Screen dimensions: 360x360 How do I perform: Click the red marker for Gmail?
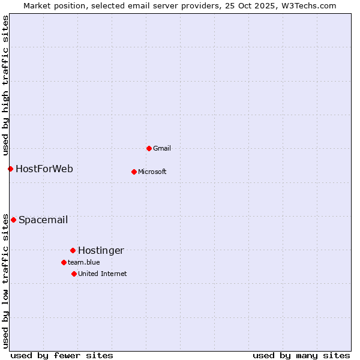point(149,148)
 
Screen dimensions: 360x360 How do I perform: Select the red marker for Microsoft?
point(134,172)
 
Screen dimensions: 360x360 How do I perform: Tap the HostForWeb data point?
point(10,169)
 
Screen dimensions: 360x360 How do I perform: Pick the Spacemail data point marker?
point(13,220)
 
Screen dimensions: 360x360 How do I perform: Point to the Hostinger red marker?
point(73,250)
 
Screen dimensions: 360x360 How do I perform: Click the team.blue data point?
point(64,262)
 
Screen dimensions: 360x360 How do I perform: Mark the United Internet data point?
point(74,274)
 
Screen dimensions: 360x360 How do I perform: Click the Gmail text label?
point(162,148)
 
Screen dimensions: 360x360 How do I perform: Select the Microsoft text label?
point(152,172)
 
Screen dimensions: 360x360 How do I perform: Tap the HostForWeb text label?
point(44,169)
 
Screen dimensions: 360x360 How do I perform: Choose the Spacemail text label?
point(43,220)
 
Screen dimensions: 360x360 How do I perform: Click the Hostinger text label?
point(101,250)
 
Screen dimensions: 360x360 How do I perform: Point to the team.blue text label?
point(84,262)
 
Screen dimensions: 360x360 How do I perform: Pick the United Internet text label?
point(103,274)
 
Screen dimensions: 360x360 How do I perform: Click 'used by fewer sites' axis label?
point(62,355)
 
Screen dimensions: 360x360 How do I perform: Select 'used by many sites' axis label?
point(301,355)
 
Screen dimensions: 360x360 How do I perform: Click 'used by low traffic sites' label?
point(5,280)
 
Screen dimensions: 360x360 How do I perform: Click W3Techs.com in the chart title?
point(308,5)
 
